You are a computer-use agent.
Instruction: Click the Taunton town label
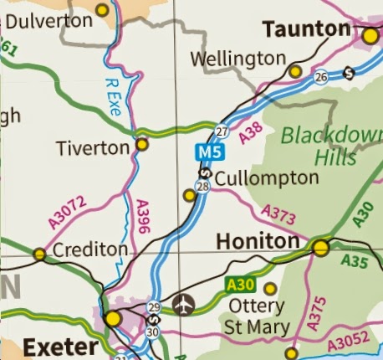click(306, 30)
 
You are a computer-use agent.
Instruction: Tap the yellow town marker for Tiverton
click(142, 145)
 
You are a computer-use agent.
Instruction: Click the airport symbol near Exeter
click(182, 303)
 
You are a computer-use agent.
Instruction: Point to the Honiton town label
click(257, 241)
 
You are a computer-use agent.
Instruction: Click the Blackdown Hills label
click(327, 146)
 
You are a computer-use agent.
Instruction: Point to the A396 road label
click(142, 215)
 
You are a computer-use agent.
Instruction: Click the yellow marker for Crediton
click(39, 254)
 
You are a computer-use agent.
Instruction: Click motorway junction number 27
click(222, 131)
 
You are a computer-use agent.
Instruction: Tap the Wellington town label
click(238, 59)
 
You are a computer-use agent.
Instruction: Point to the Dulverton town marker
click(102, 10)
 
